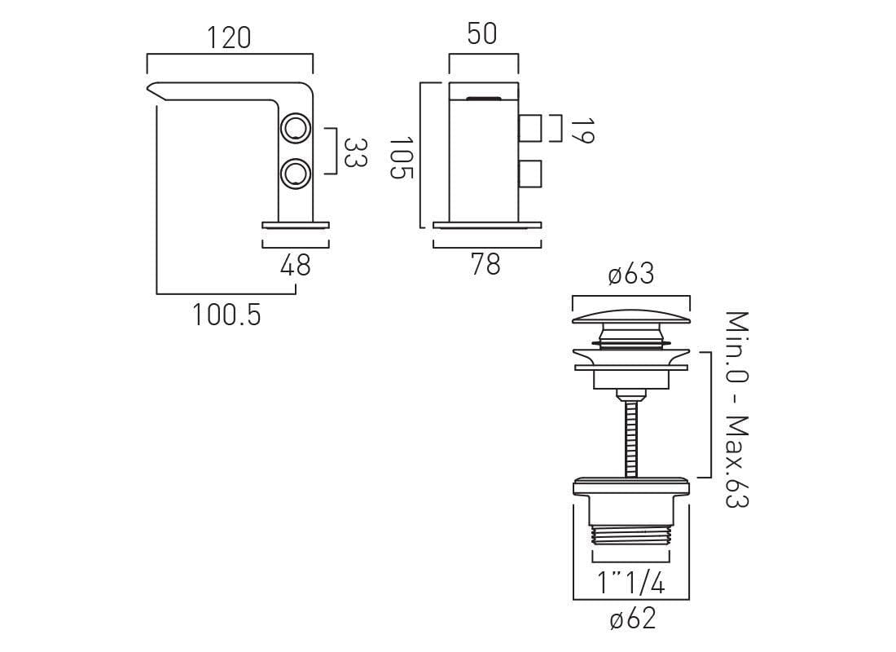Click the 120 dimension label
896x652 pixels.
229,37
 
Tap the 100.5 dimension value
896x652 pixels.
227,315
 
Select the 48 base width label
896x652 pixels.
296,265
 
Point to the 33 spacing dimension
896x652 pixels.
355,152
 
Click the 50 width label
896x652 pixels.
482,33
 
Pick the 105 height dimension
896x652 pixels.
401,157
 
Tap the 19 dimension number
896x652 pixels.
583,130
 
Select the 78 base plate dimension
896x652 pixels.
485,264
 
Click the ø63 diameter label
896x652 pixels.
630,274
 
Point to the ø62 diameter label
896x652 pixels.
633,619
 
